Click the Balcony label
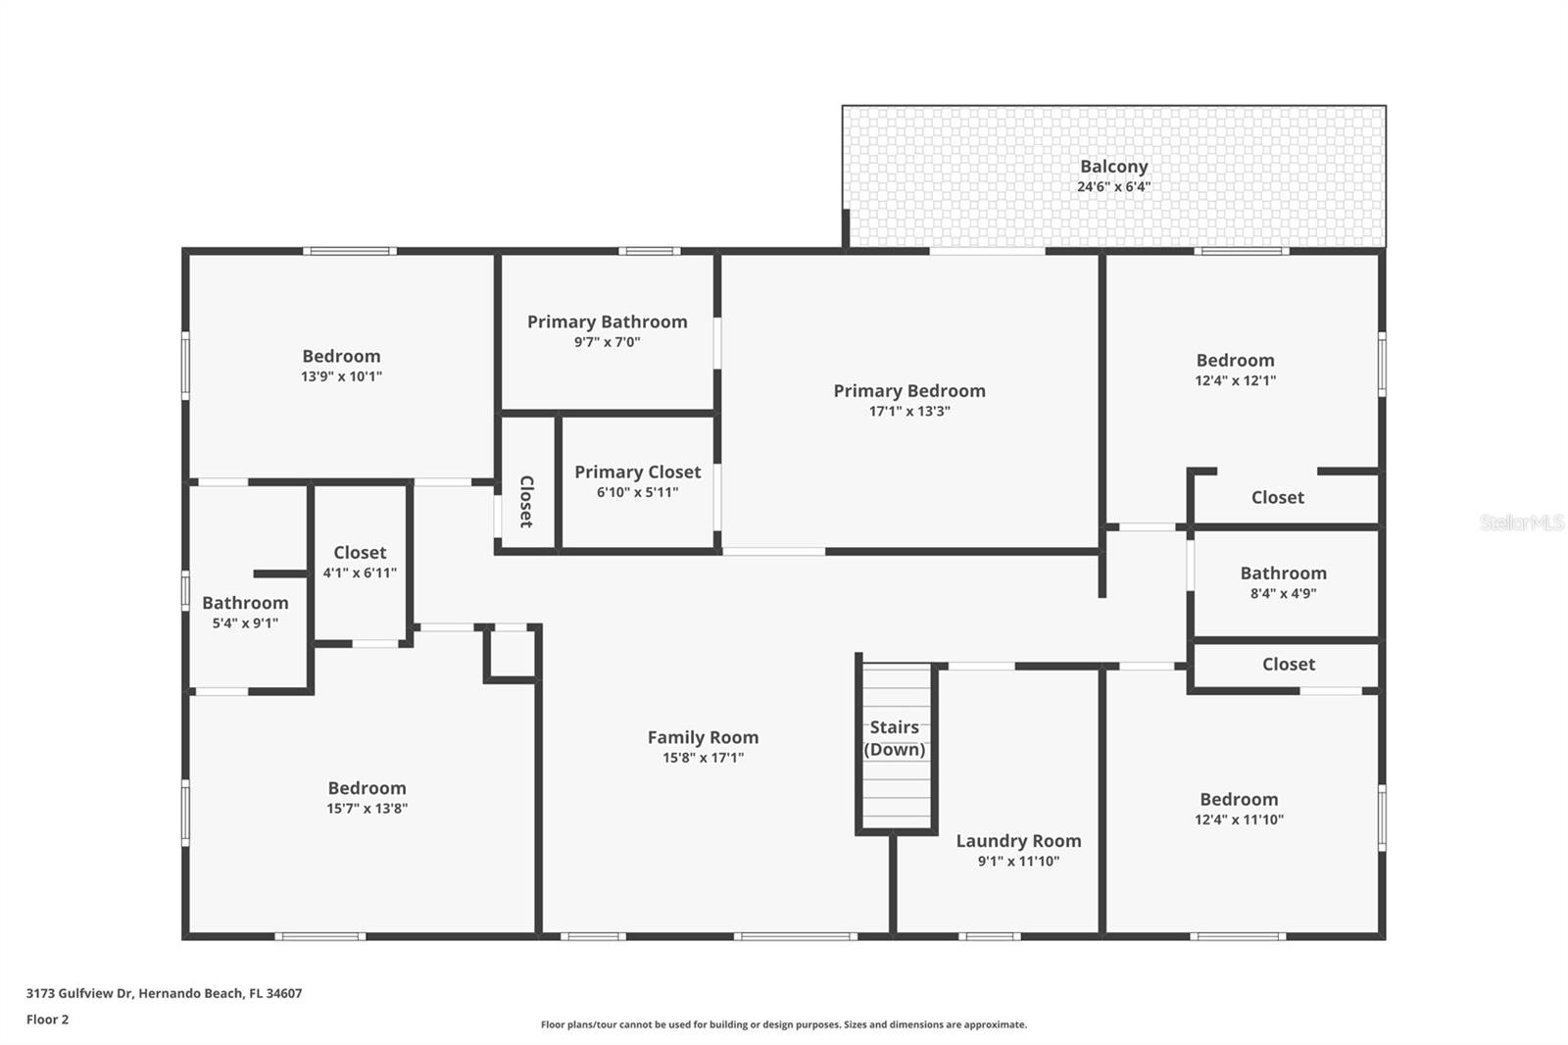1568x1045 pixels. click(1113, 167)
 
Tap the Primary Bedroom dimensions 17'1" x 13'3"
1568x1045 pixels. click(909, 412)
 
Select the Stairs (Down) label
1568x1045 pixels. click(894, 738)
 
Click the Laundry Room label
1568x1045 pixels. click(1018, 841)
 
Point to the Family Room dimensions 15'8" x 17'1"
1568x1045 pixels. click(703, 758)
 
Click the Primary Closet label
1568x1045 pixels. click(637, 473)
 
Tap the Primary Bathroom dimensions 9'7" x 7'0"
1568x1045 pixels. click(607, 342)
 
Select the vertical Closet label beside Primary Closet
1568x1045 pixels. click(526, 501)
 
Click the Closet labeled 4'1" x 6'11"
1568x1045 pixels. click(360, 553)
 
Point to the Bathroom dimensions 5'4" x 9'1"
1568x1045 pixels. click(245, 623)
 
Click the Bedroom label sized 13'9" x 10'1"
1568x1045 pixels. click(341, 357)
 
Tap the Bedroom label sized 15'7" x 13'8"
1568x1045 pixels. click(367, 788)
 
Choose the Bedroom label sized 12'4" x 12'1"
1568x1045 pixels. click(1235, 361)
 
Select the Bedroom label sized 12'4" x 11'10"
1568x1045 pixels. click(1239, 800)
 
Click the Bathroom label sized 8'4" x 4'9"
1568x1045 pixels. click(1283, 573)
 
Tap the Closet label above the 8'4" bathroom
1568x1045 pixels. click(1277, 498)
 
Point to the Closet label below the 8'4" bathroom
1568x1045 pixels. click(1288, 665)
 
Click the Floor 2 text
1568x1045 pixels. click(47, 1020)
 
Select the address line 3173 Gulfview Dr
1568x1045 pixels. click(164, 993)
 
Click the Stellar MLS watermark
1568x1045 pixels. click(1521, 522)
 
